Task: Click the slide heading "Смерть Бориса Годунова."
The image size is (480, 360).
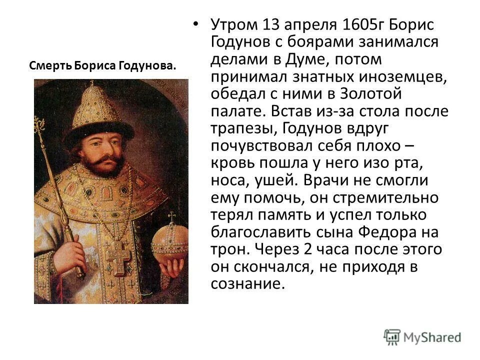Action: [102, 66]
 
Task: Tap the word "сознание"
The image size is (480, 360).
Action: [248, 283]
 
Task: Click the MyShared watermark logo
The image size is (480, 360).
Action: [422, 336]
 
